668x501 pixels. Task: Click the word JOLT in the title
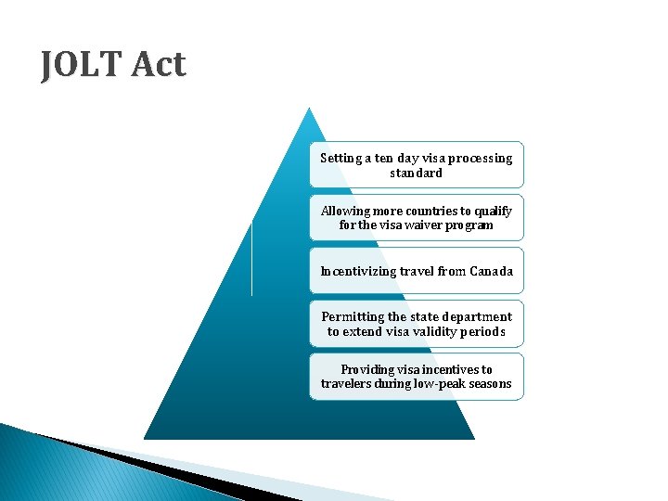coord(83,65)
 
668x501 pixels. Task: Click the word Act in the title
coord(159,65)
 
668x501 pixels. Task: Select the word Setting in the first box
coord(340,159)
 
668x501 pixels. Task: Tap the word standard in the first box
coord(416,173)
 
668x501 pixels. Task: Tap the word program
coord(470,225)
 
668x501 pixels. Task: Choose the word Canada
coord(491,272)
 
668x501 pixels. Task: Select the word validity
coord(428,331)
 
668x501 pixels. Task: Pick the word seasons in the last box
coord(491,384)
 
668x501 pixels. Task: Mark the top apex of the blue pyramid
coord(309,109)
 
